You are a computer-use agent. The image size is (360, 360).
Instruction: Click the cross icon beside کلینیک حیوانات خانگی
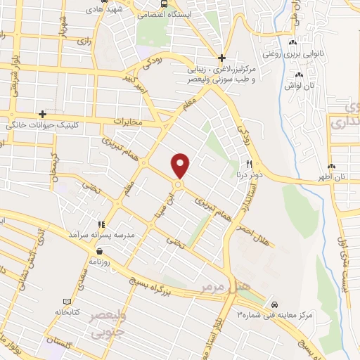click(43, 114)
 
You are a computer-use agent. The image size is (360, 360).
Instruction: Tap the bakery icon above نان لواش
click(300, 75)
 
